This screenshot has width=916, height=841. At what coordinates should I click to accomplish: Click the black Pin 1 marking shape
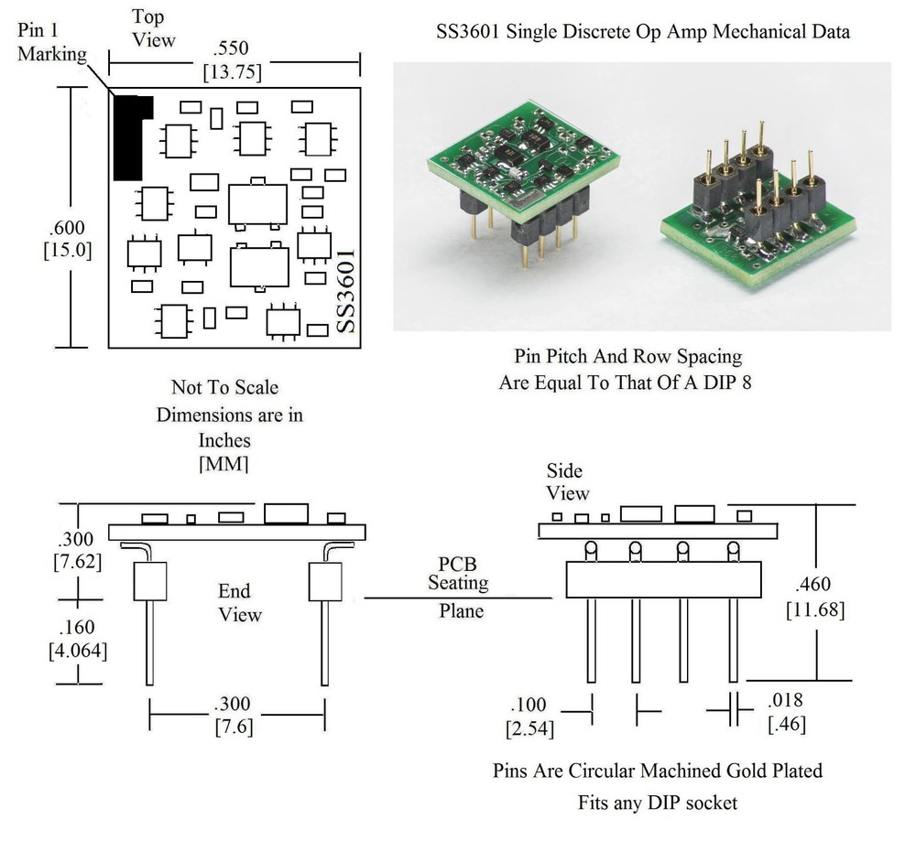pyautogui.click(x=127, y=137)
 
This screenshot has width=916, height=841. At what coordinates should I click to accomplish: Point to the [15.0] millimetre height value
pyautogui.click(x=68, y=250)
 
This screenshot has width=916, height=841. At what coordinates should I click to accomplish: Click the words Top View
pyautogui.click(x=153, y=27)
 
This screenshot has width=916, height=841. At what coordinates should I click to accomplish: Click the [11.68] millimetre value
pyautogui.click(x=815, y=609)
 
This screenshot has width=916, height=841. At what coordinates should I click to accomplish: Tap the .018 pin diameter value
pyautogui.click(x=786, y=701)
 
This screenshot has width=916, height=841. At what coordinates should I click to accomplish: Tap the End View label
pyautogui.click(x=238, y=601)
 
